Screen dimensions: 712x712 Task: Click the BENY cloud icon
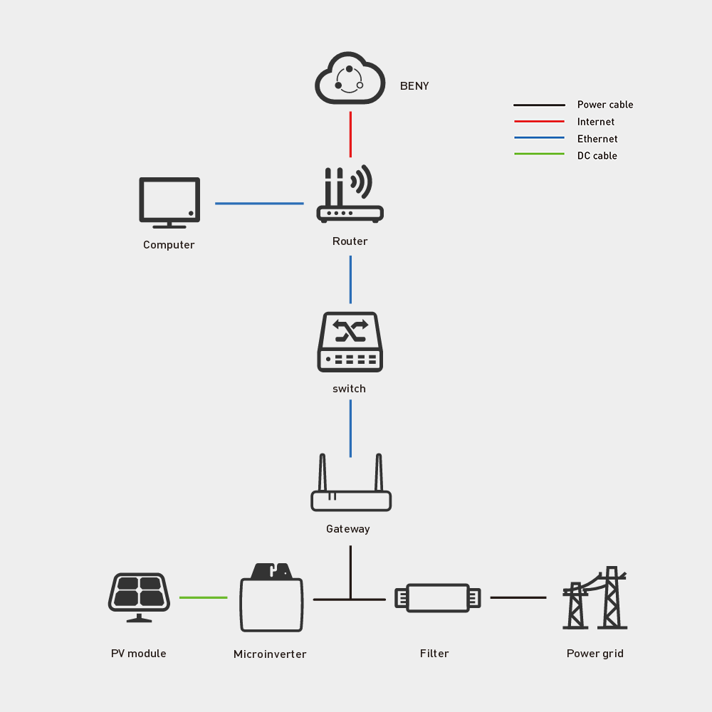pyautogui.click(x=350, y=80)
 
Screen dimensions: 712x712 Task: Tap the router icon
pyautogui.click(x=350, y=195)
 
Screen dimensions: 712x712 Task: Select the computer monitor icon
pyautogui.click(x=169, y=202)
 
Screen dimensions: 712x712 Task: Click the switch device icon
pyautogui.click(x=350, y=342)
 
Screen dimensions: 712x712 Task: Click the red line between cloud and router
pyautogui.click(x=350, y=134)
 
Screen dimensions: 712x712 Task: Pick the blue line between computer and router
pyautogui.click(x=259, y=204)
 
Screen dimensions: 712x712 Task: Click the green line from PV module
pyautogui.click(x=203, y=597)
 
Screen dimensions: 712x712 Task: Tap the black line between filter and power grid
pyautogui.click(x=518, y=597)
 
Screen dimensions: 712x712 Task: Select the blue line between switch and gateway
pyautogui.click(x=350, y=428)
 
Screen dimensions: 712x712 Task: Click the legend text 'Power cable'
pyautogui.click(x=604, y=105)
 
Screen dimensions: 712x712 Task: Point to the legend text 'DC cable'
pyautogui.click(x=597, y=156)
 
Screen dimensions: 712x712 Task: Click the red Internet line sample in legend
pyautogui.click(x=539, y=122)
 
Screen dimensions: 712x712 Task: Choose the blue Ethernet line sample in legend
pyautogui.click(x=539, y=138)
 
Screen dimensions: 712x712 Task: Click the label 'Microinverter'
pyautogui.click(x=270, y=654)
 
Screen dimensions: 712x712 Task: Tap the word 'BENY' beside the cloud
pyautogui.click(x=414, y=86)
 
